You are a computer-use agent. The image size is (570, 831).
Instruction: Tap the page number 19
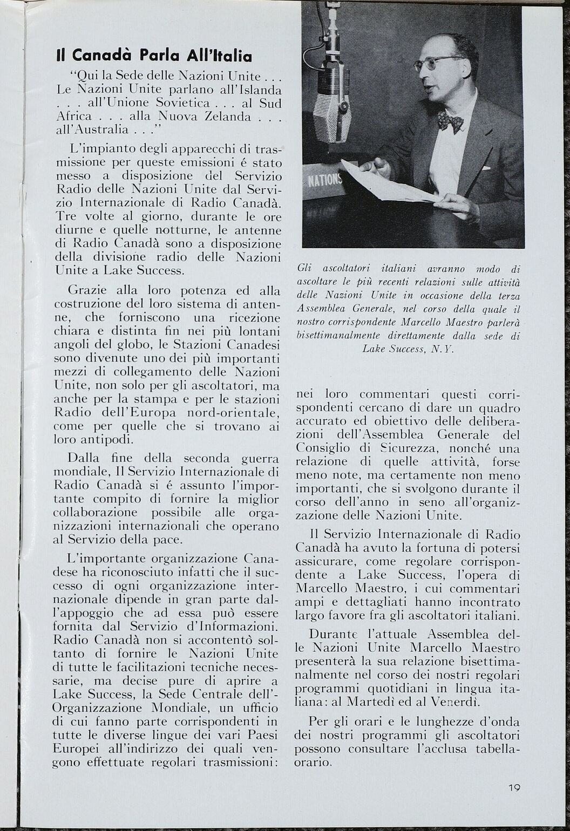tap(514, 787)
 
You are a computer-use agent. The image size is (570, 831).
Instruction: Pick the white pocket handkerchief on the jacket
tap(486, 168)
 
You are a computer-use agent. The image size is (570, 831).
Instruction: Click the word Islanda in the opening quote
tap(261, 89)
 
